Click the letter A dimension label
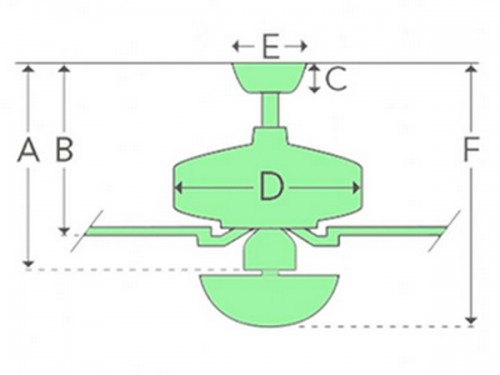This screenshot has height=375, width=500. click(28, 151)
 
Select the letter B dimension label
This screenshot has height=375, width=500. click(64, 151)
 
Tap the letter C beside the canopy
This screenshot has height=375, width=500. click(336, 79)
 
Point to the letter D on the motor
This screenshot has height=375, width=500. click(271, 187)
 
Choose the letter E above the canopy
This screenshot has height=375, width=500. click(271, 47)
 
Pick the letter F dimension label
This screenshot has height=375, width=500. click(472, 151)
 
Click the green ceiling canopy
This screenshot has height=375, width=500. click(269, 77)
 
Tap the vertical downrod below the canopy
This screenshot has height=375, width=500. click(270, 110)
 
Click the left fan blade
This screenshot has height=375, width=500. click(140, 231)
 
